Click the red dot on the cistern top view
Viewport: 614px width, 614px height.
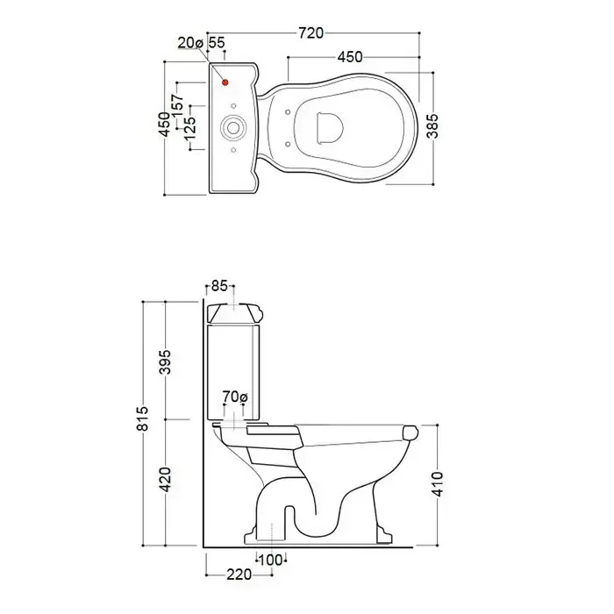(225, 82)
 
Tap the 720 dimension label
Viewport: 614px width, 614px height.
(311, 33)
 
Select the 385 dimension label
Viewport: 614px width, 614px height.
(432, 126)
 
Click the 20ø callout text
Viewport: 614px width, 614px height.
(190, 43)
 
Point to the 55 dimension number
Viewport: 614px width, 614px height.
(217, 43)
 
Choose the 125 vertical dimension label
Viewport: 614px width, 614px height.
(190, 129)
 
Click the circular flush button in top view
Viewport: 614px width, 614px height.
(233, 128)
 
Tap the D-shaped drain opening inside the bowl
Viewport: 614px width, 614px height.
(329, 128)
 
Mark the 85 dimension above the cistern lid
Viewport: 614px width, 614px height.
(219, 286)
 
